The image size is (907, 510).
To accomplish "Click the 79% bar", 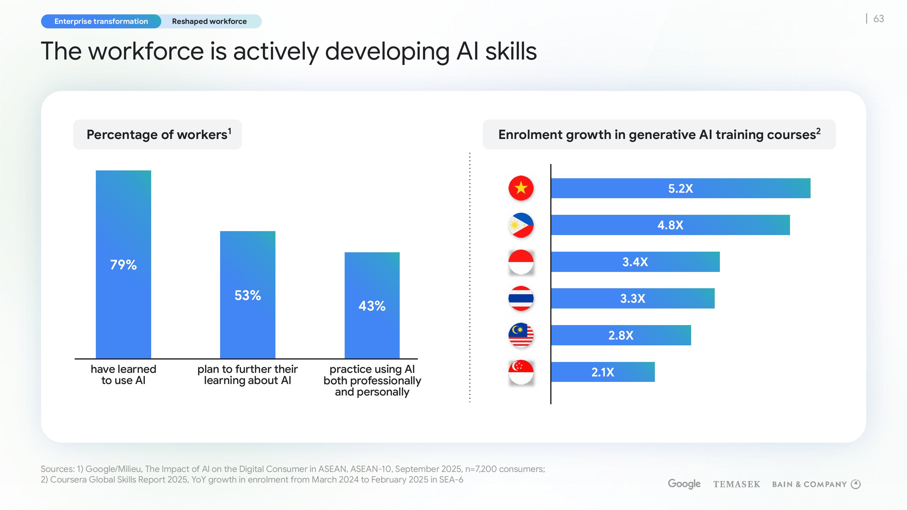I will [x=123, y=264].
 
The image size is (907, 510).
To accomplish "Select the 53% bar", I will [x=248, y=295].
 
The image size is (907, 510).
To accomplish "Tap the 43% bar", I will [x=372, y=305].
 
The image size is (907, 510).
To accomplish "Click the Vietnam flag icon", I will [x=521, y=188].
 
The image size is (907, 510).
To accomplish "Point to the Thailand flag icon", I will [x=521, y=299].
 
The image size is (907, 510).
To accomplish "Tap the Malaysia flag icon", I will [x=521, y=335].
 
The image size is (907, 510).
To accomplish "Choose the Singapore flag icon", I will [x=521, y=372].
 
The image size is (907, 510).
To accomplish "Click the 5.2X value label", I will [x=680, y=189].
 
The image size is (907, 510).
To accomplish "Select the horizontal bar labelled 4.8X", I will [x=670, y=225].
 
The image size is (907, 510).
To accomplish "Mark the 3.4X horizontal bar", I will [x=635, y=262].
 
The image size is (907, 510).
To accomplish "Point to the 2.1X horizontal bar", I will [x=603, y=372].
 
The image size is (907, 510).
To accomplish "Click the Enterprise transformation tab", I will [x=101, y=21].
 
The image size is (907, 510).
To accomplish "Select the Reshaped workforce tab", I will [x=209, y=21].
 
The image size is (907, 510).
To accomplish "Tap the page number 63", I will [x=879, y=19].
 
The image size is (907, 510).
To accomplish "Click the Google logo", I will [x=684, y=484].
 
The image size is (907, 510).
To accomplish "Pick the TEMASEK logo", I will [x=736, y=484].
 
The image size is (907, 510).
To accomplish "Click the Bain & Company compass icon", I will [x=856, y=484].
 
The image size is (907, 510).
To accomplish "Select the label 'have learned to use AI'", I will [x=123, y=374].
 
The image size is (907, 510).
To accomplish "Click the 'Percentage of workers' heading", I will [x=158, y=134].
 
